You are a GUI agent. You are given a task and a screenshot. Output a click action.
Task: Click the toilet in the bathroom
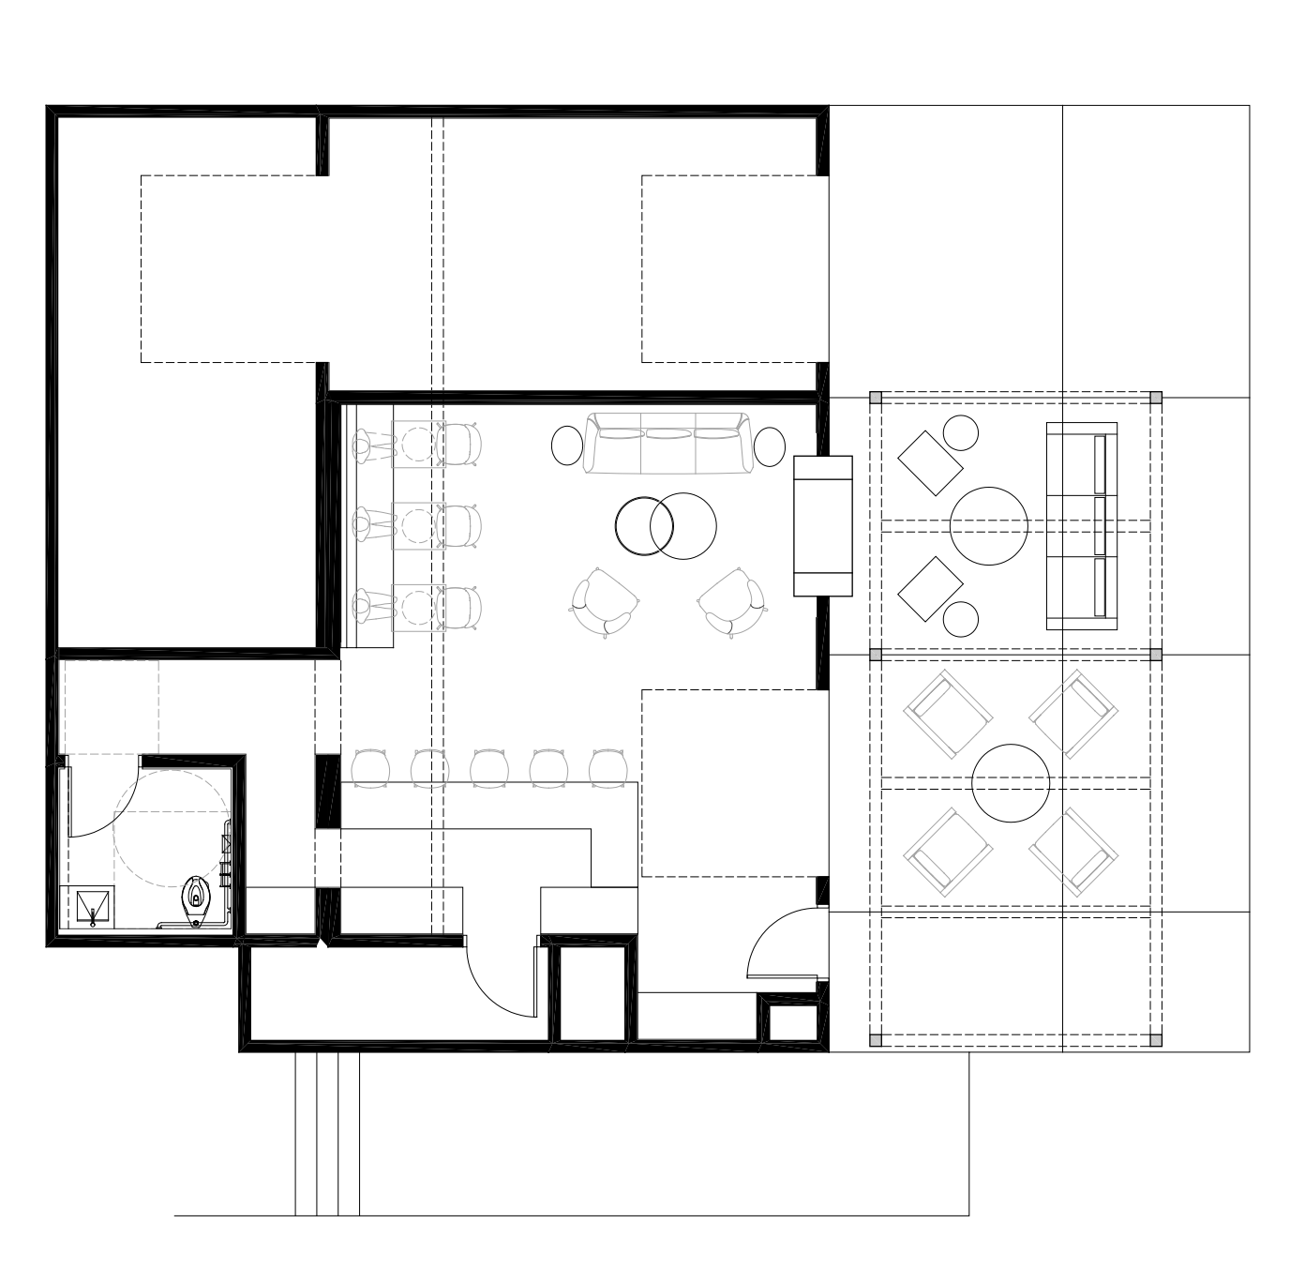click(x=195, y=899)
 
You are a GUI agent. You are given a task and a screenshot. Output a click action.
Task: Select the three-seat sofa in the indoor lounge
click(x=667, y=443)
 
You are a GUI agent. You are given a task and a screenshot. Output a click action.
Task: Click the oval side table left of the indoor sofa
click(x=567, y=445)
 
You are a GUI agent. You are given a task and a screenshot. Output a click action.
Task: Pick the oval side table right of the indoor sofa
click(x=770, y=445)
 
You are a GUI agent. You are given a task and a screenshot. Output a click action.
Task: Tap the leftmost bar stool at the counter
click(x=370, y=766)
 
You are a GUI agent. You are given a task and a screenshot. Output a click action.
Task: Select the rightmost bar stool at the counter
click(x=608, y=766)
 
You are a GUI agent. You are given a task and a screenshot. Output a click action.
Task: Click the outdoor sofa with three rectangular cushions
click(x=1082, y=525)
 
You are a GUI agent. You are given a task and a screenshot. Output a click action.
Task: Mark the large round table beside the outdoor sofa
click(x=989, y=525)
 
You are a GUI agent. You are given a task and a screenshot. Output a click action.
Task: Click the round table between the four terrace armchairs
click(x=1011, y=782)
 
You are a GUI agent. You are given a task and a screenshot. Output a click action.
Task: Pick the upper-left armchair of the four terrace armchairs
click(x=947, y=714)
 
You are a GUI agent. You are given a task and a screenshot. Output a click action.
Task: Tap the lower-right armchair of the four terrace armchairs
click(x=1074, y=852)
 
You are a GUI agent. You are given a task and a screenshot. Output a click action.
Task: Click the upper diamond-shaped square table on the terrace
click(x=930, y=462)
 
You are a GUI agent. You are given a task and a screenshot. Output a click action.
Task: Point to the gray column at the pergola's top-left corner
click(x=877, y=398)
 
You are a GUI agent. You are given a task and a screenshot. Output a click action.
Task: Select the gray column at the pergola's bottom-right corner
click(x=1155, y=1039)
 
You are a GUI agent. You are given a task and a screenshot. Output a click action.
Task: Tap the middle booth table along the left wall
click(x=413, y=525)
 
